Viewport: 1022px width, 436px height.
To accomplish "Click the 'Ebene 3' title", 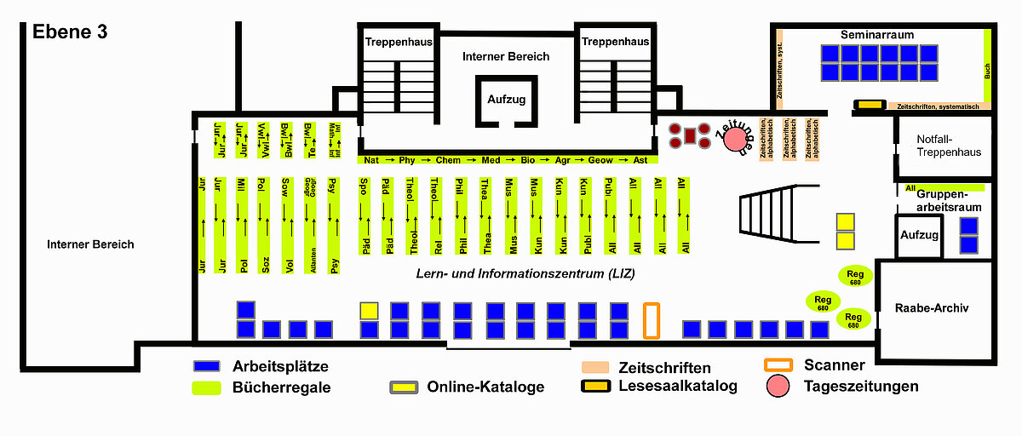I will [70, 32].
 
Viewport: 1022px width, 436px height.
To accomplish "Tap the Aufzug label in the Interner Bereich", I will [506, 100].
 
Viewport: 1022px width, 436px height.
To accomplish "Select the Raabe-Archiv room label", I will [933, 308].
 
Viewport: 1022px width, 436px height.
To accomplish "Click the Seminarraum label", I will [876, 36].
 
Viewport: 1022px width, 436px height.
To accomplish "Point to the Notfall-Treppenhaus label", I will [949, 146].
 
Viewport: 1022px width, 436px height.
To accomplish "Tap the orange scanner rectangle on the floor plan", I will [652, 320].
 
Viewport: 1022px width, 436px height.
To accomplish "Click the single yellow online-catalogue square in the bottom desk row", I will [369, 311].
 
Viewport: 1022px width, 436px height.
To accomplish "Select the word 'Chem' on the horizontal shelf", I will [448, 159].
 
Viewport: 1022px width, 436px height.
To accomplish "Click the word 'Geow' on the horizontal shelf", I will [600, 159].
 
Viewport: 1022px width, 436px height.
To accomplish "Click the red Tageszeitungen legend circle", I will [778, 387].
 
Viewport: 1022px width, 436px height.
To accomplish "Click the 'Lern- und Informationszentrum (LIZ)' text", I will [525, 273].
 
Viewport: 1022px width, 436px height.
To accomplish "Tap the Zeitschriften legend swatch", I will [600, 367].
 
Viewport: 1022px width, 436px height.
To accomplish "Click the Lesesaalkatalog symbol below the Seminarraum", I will [869, 105].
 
